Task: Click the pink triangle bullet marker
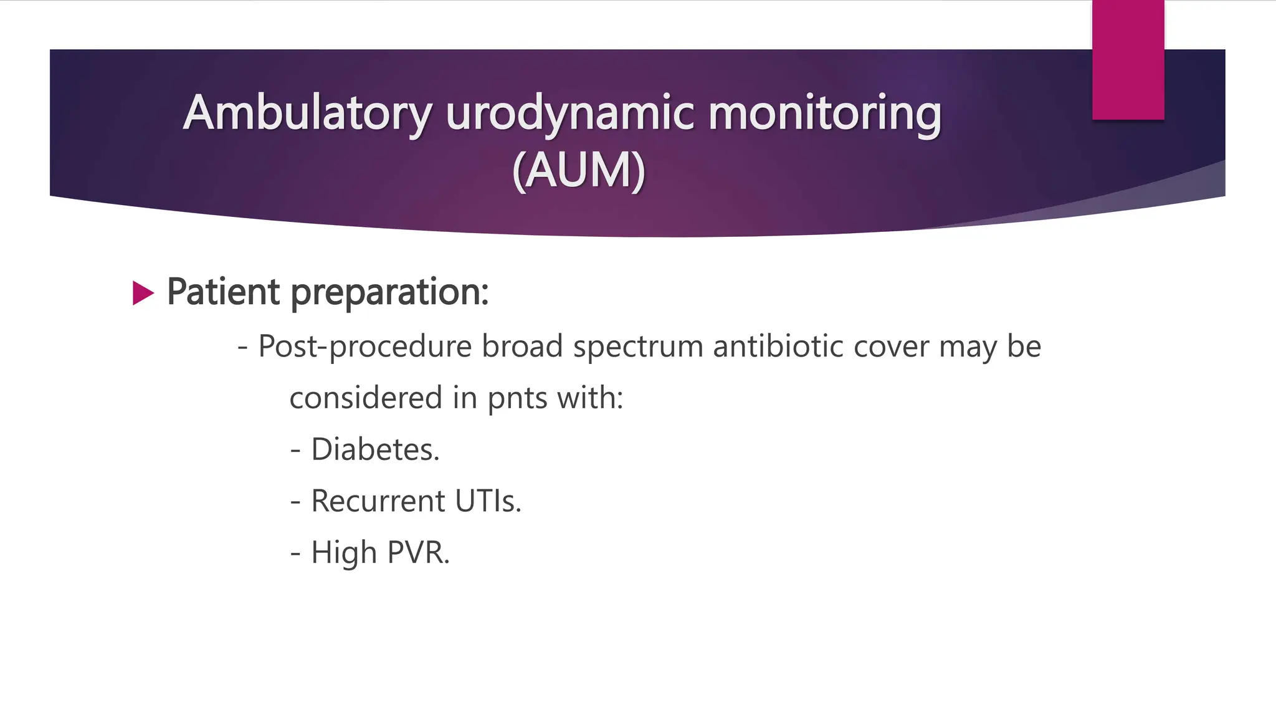coord(143,293)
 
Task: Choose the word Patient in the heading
coord(223,292)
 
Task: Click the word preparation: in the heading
coord(390,292)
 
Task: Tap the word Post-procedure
coord(365,347)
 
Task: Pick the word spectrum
coord(638,347)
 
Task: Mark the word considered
coord(366,398)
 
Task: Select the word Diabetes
coord(375,449)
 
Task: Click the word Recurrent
coord(378,501)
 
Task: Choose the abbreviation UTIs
coord(488,501)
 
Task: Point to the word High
coord(344,553)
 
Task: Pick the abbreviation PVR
coord(418,553)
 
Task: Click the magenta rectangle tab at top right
coord(1128,60)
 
